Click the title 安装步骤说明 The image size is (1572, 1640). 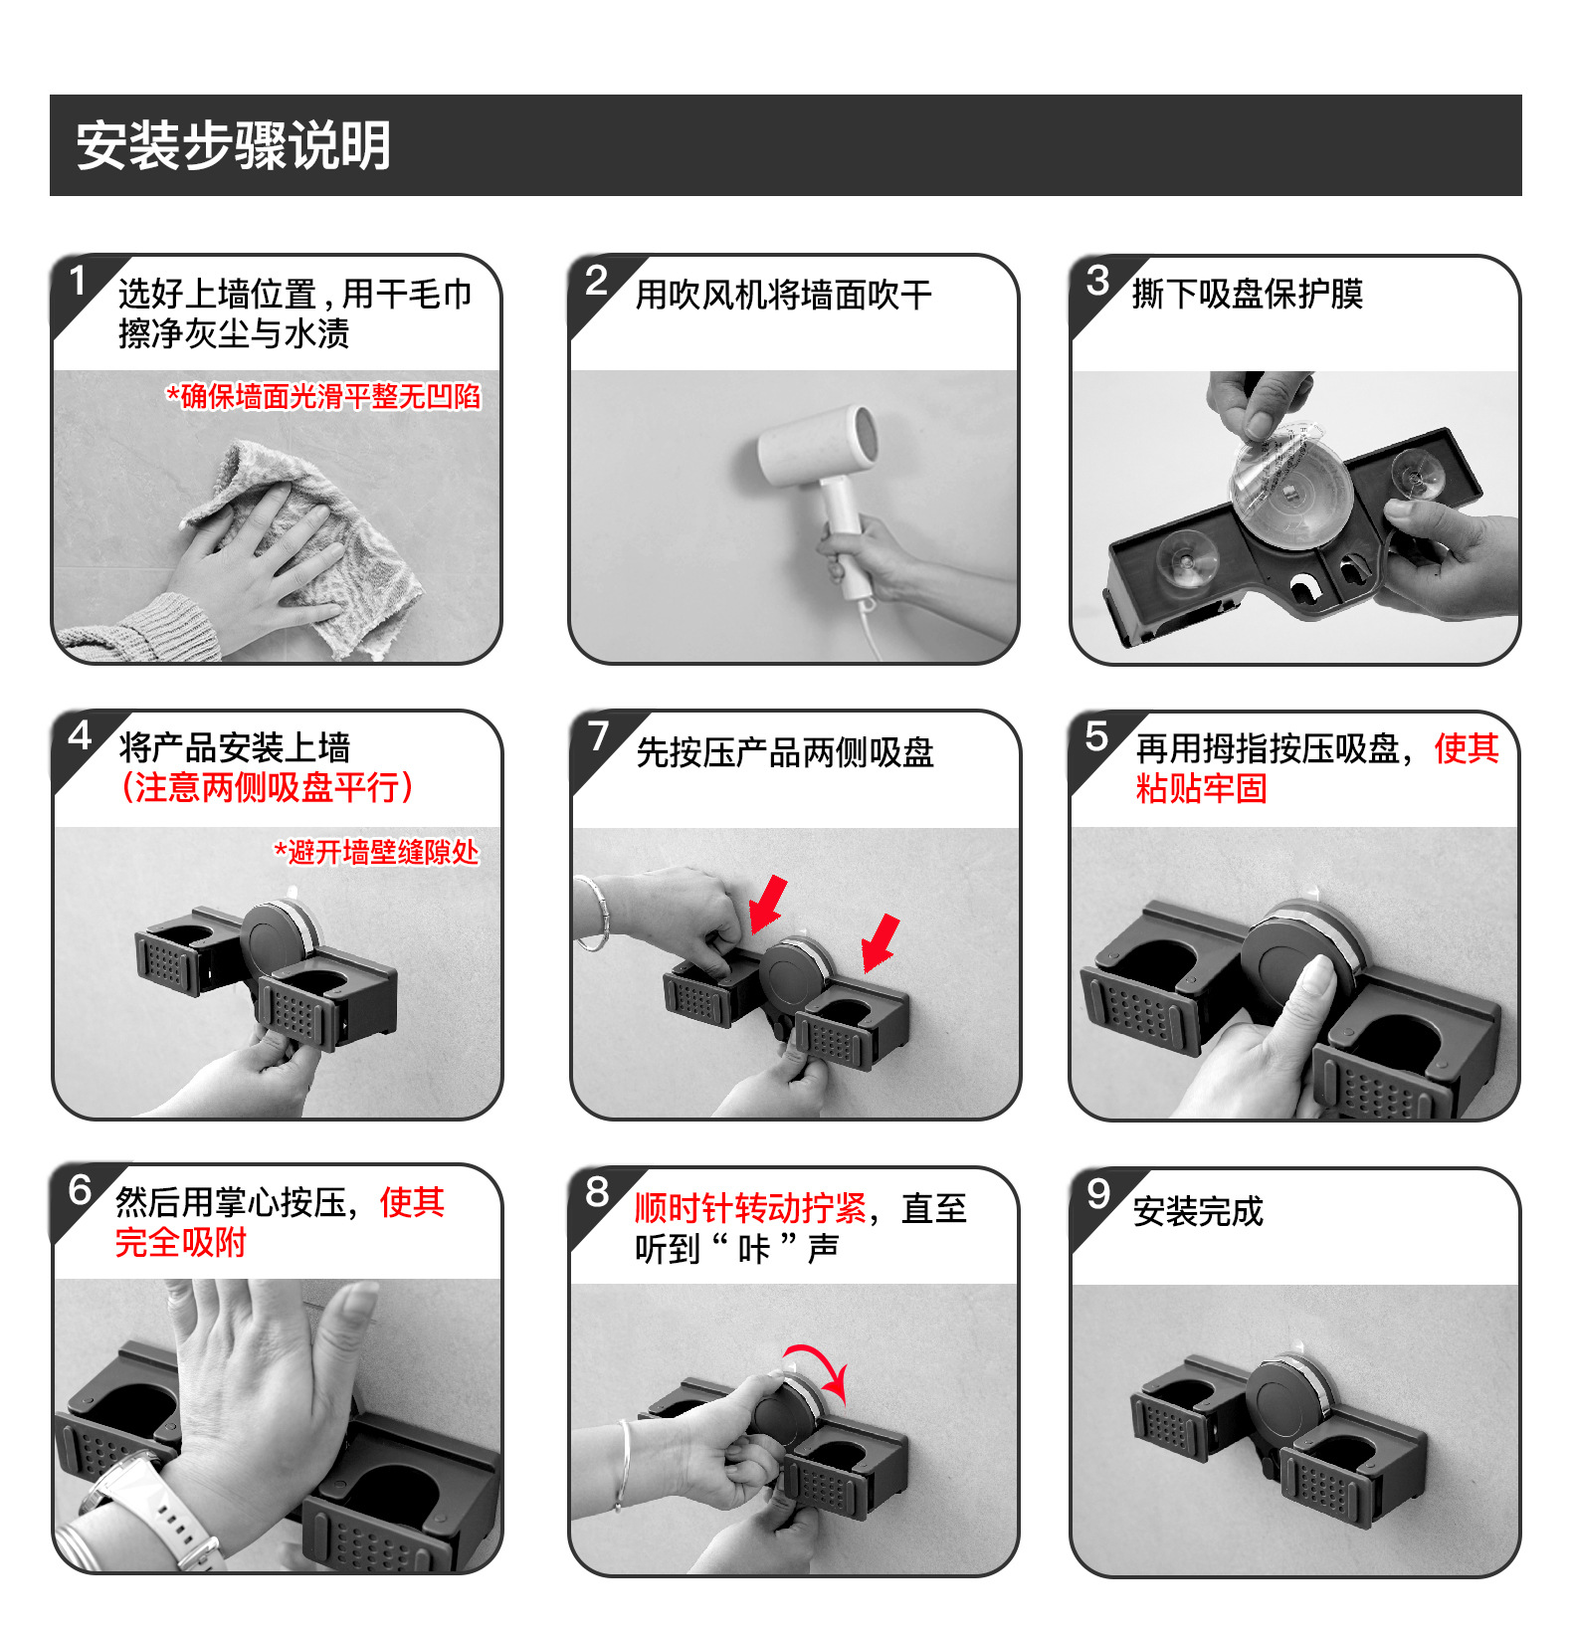coord(234,145)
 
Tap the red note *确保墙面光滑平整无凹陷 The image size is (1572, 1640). coord(323,397)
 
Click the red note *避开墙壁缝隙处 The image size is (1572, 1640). coord(376,852)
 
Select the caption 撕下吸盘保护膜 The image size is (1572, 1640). coord(1248,294)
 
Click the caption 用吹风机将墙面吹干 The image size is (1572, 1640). coord(784,295)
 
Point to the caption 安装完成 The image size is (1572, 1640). coord(1198,1211)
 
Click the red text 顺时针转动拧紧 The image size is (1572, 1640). coord(751,1208)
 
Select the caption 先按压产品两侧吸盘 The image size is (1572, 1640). coord(785,752)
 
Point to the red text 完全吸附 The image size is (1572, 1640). coord(180,1243)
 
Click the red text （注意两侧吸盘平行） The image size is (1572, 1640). coord(267,787)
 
